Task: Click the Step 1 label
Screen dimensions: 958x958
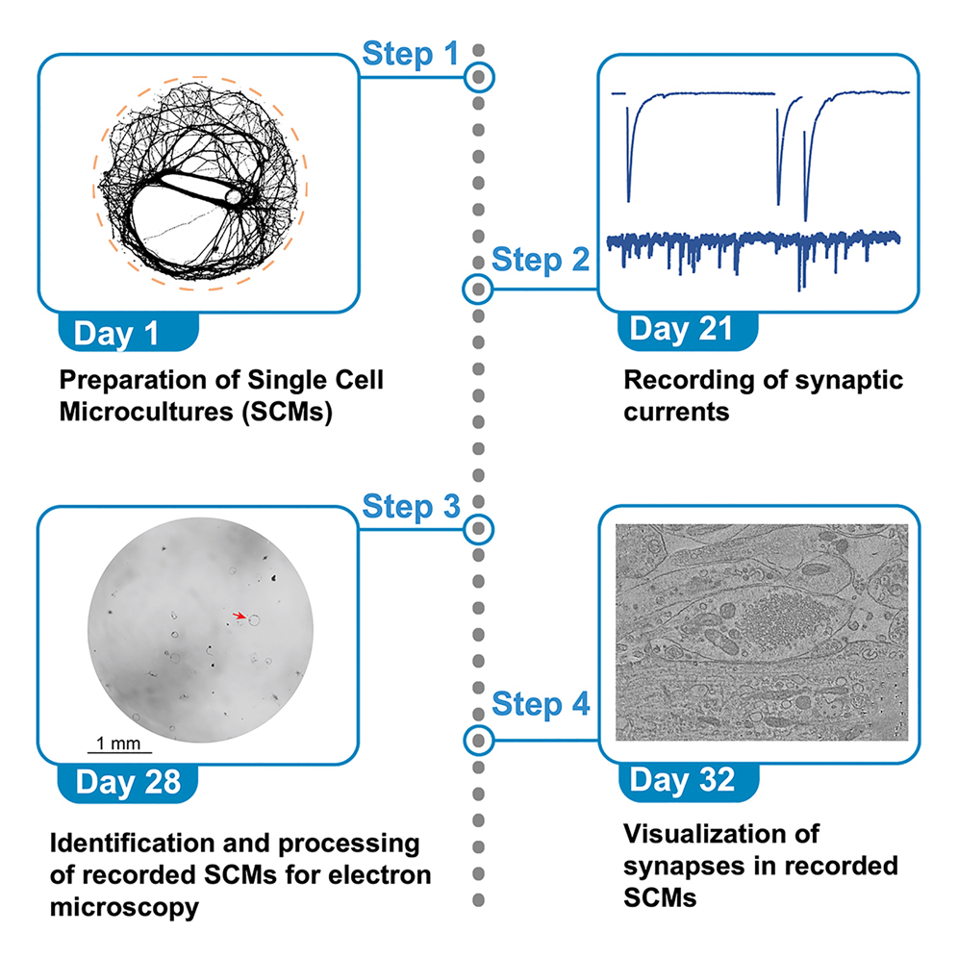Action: [410, 54]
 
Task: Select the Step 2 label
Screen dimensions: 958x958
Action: [540, 260]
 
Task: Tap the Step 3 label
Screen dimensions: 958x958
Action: [410, 507]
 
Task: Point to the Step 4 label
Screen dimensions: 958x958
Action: [540, 705]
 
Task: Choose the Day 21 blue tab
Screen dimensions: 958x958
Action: [681, 329]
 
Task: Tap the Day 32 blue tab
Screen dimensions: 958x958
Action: [682, 779]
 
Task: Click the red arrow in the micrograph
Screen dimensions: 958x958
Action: [240, 614]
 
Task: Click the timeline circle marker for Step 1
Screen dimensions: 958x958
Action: [478, 75]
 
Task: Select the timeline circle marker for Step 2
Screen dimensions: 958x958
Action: [478, 288]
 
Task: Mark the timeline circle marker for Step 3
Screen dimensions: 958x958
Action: [478, 528]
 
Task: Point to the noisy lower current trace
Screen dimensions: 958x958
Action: [755, 240]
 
